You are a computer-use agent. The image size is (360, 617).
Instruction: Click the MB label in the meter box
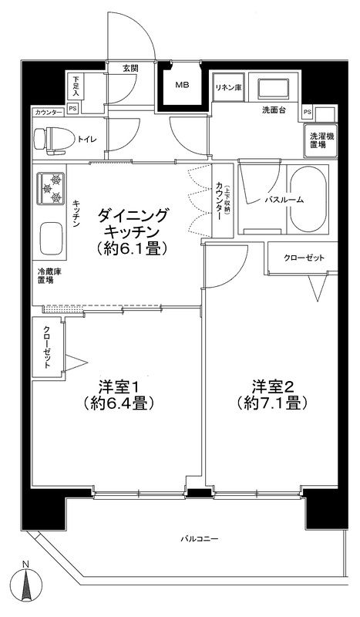pyautogui.click(x=182, y=85)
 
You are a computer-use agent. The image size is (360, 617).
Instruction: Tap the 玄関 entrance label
pyautogui.click(x=130, y=68)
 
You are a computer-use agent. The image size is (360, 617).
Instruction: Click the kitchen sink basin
pyautogui.click(x=51, y=239)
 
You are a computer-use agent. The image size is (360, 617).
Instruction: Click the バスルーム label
pyautogui.click(x=284, y=199)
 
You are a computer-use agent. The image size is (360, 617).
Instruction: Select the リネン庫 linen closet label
pyautogui.click(x=228, y=88)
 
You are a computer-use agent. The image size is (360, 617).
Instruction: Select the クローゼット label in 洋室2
pyautogui.click(x=304, y=257)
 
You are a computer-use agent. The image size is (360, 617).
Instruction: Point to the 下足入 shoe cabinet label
pyautogui.click(x=76, y=86)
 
